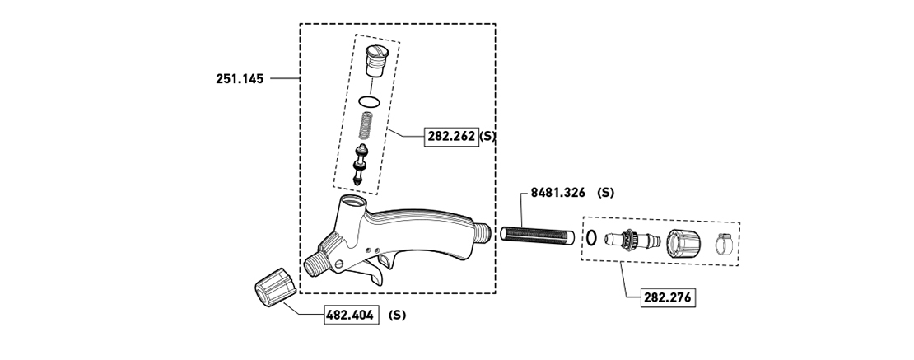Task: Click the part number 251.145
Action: tap(240, 78)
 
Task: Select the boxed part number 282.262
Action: tap(451, 137)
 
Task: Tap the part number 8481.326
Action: tap(557, 193)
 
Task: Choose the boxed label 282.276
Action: tap(668, 297)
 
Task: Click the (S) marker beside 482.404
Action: tap(397, 315)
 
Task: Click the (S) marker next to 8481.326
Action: tap(606, 193)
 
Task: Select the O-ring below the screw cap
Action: tap(370, 101)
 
